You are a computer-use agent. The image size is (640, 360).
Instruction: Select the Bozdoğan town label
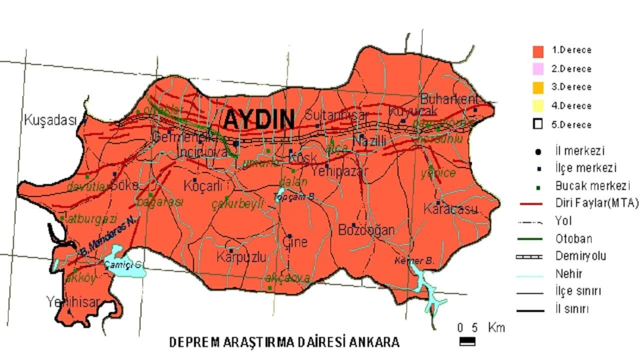point(366,230)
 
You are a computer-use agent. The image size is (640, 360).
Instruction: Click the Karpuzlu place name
point(241,257)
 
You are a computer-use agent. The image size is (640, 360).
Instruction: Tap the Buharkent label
point(449,98)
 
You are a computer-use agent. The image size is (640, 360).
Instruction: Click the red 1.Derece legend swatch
point(538,50)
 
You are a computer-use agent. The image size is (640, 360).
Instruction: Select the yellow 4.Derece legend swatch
point(538,106)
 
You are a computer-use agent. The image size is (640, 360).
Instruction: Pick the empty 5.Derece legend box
point(538,124)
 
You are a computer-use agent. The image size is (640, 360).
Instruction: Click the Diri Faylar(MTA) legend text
point(597,203)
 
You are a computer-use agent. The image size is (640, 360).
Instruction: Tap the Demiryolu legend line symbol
point(529,256)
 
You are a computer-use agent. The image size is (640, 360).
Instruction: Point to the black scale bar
point(467,341)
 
